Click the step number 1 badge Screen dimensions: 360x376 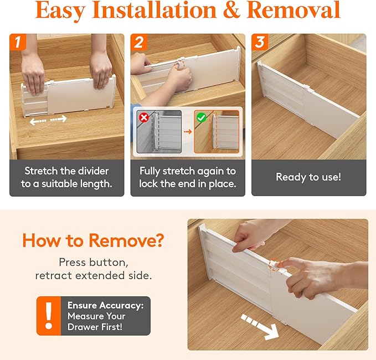click(18, 42)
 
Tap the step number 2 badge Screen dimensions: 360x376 click(139, 42)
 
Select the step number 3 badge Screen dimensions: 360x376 click(260, 42)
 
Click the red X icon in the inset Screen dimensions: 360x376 click(144, 117)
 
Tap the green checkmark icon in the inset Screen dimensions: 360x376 click(202, 117)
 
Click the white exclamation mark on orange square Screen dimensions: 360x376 click(49, 316)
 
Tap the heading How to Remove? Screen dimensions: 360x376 click(93, 240)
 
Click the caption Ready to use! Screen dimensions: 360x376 click(308, 177)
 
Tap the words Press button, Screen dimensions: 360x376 click(92, 262)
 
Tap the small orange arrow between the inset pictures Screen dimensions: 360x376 click(188, 131)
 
